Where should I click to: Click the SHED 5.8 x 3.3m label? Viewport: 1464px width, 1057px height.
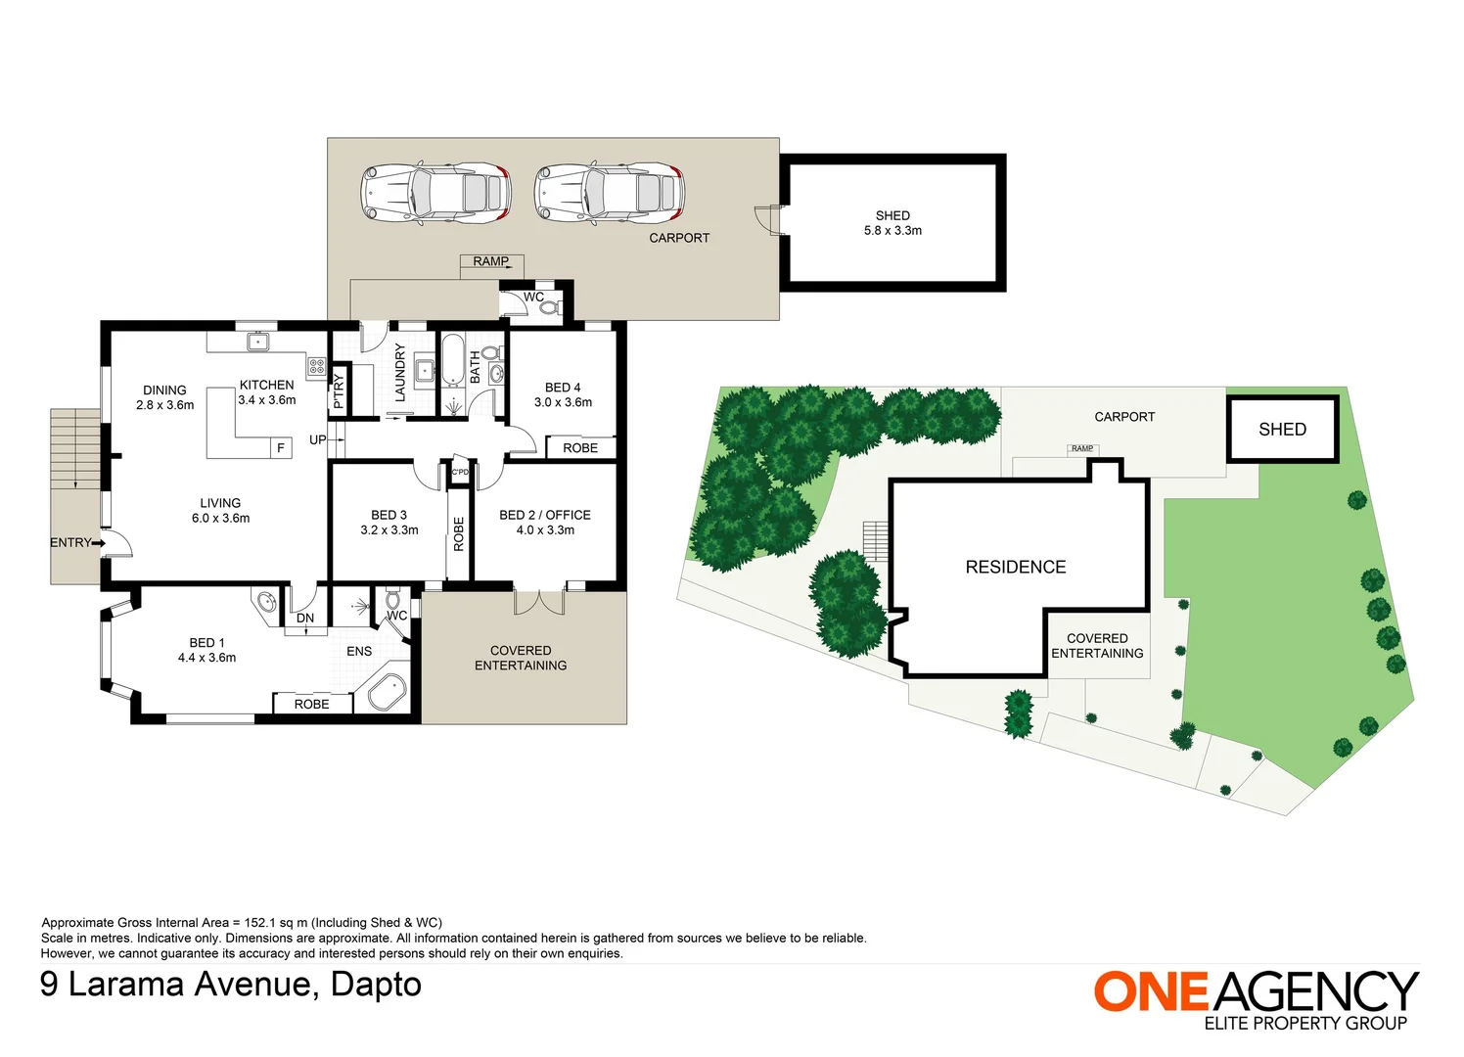tap(892, 223)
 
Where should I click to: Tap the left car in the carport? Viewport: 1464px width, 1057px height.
tap(435, 193)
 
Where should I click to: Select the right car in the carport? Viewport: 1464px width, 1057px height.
tap(610, 193)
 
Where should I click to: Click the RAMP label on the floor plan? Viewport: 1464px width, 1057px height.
tap(491, 261)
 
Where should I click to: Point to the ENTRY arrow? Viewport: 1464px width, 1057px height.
tap(98, 542)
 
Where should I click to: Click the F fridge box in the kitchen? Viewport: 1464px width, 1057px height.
tap(281, 448)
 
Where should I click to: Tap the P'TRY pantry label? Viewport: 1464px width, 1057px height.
tap(338, 391)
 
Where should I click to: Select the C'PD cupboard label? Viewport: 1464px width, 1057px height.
tap(460, 472)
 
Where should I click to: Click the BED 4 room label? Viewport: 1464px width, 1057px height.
tap(563, 388)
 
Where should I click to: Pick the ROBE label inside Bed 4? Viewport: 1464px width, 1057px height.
tap(580, 448)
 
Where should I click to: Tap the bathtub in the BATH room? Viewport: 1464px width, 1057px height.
tap(452, 360)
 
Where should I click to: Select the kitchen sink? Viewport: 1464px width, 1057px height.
tap(258, 342)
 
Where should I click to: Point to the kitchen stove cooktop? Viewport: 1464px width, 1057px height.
tap(317, 366)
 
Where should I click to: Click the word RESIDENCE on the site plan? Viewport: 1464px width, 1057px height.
tap(1016, 567)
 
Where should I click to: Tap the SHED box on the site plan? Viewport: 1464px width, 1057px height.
tap(1283, 429)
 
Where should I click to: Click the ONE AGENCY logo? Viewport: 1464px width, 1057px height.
tap(1257, 1001)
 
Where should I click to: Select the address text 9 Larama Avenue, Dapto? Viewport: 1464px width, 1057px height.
tap(231, 985)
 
